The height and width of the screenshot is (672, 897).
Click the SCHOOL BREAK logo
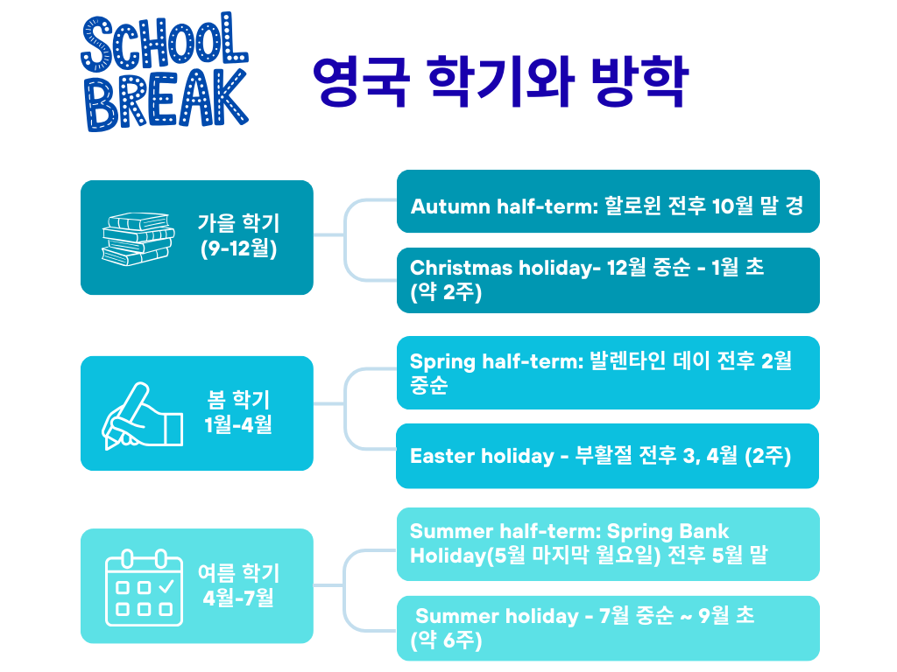pos(165,73)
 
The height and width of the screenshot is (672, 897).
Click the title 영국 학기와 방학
pos(500,82)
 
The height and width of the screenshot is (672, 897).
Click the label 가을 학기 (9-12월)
pos(238,236)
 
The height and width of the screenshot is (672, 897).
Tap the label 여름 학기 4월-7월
pos(238,585)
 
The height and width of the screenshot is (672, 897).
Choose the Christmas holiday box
pos(608,280)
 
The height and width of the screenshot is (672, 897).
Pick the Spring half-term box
pos(608,373)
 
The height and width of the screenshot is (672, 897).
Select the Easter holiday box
pos(608,456)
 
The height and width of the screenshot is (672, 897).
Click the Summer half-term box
pos(608,543)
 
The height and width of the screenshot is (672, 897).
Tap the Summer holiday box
pos(608,628)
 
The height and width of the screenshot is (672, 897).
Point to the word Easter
pos(442,456)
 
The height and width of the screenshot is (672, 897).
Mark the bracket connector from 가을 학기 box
pos(345,235)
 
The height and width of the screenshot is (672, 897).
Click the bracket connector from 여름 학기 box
pos(345,584)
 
